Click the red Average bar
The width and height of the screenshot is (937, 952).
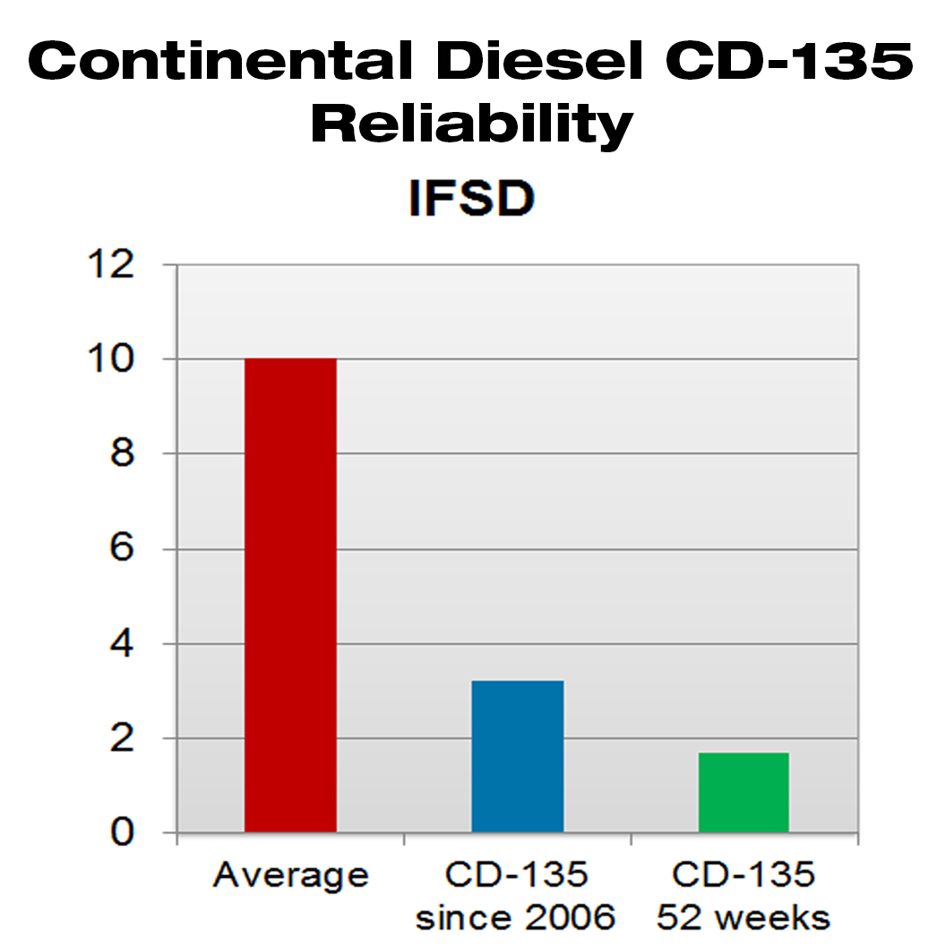[x=290, y=596]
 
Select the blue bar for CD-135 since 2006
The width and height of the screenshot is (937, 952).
[x=517, y=757]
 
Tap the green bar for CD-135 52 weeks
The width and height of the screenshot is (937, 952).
[x=744, y=793]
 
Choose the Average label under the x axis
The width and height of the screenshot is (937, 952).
[x=290, y=875]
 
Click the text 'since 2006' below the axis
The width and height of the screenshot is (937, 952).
[x=517, y=918]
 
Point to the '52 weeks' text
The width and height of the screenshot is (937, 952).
[x=744, y=918]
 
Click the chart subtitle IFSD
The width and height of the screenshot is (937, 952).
[x=471, y=201]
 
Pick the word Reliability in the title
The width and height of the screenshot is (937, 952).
[x=471, y=125]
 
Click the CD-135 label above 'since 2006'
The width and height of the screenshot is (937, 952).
[x=517, y=875]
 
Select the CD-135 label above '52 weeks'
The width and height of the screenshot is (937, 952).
[x=744, y=875]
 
